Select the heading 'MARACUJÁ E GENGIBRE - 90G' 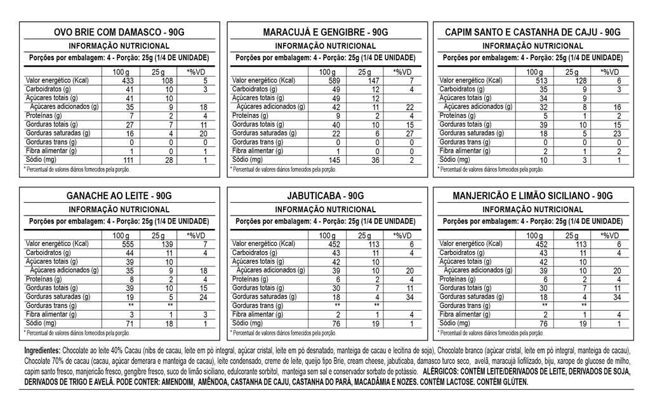pos(326,32)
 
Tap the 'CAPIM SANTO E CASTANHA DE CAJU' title pos(533,32)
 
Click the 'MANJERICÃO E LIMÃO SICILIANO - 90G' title pos(533,196)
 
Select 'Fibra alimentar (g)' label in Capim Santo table pos(465,151)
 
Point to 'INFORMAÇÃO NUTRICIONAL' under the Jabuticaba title pos(326,209)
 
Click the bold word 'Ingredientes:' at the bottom pos(42,351)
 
